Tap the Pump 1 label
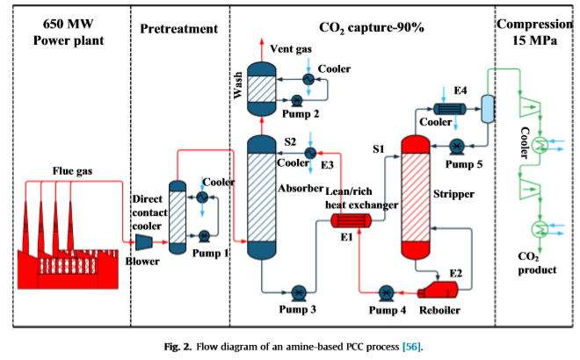point(211,253)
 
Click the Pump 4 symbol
point(384,292)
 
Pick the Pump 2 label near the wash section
point(300,113)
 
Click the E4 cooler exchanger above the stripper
point(451,109)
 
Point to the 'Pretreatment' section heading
point(179,29)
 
